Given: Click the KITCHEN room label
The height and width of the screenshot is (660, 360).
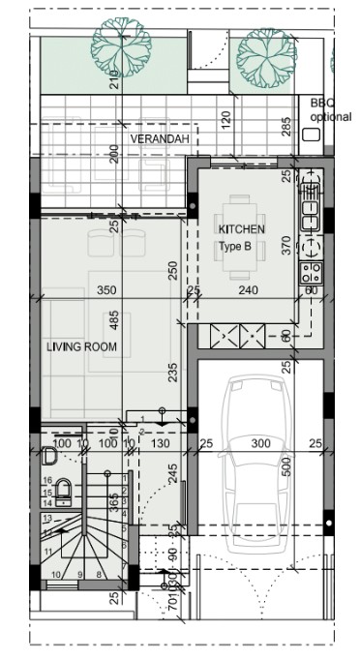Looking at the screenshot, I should pos(242,229).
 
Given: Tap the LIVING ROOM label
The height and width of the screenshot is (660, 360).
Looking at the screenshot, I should pos(82,345).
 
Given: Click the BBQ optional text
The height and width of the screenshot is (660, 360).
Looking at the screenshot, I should pos(330,109).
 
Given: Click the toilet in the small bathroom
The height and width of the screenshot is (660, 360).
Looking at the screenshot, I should pos(61,490).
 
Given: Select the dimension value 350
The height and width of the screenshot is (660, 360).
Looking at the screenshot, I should pos(106,289).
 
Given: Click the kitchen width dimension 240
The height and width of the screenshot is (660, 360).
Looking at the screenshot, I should pos(248,289).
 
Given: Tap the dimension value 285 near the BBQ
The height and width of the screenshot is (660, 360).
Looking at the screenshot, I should pos(286,126).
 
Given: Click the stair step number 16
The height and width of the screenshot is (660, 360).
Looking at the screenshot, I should pos(46,480).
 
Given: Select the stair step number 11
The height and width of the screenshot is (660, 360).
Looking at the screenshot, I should pos(46,552).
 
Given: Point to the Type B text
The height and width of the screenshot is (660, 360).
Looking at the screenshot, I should pos(235,247).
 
